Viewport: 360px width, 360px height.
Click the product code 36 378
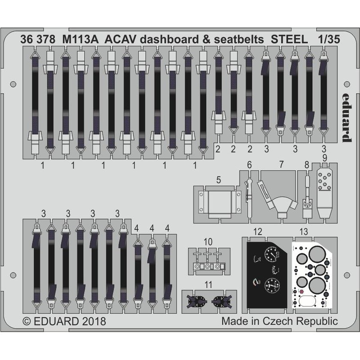(38, 39)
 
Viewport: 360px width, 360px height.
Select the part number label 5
(218, 180)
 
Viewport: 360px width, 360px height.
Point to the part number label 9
(325, 157)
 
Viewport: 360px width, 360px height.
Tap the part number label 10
(207, 242)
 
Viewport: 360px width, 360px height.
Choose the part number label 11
(207, 284)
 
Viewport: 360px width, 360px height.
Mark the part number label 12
(257, 232)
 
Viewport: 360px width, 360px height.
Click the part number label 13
(303, 232)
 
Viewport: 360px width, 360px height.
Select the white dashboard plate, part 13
(312, 274)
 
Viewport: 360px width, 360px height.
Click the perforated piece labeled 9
(324, 189)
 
